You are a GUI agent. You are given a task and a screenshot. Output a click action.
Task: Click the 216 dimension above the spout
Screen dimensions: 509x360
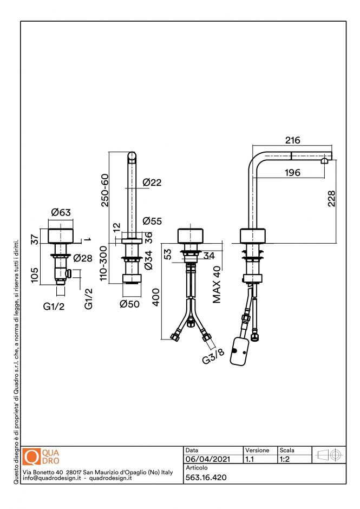[x=292, y=140]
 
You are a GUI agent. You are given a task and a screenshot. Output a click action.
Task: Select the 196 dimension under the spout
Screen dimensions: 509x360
[x=292, y=173]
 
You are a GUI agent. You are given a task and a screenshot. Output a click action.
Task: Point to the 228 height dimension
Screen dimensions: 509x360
[x=332, y=198]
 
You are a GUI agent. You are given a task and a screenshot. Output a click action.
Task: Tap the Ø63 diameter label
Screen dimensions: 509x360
[x=61, y=213]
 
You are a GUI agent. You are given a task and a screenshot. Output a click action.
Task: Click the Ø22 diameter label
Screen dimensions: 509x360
[x=152, y=183]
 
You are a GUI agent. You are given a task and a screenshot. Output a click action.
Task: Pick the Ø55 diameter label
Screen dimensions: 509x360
[x=153, y=221]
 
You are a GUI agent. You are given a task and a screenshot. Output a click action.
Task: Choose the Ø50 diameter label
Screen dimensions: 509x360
[x=130, y=304]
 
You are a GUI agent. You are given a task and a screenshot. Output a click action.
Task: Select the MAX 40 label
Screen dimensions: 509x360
[x=217, y=284]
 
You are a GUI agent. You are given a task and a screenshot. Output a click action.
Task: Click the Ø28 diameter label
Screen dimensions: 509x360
[x=82, y=258]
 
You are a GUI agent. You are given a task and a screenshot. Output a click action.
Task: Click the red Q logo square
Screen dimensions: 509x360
[x=32, y=456]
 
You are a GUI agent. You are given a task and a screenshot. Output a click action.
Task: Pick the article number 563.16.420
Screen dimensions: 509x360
[x=206, y=477]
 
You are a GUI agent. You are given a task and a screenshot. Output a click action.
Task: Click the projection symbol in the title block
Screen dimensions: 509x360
[x=330, y=455]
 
